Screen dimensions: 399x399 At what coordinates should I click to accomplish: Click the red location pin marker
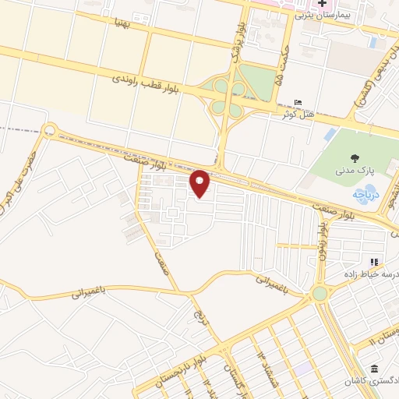[201, 182]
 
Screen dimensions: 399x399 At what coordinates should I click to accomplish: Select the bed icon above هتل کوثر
[297, 102]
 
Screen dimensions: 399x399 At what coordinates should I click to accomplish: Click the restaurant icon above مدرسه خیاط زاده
[375, 263]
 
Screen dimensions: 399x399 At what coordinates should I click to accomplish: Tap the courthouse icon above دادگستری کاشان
[375, 368]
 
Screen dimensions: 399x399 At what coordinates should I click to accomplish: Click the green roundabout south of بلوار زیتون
[320, 294]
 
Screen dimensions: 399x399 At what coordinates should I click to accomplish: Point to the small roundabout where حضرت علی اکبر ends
[51, 130]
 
